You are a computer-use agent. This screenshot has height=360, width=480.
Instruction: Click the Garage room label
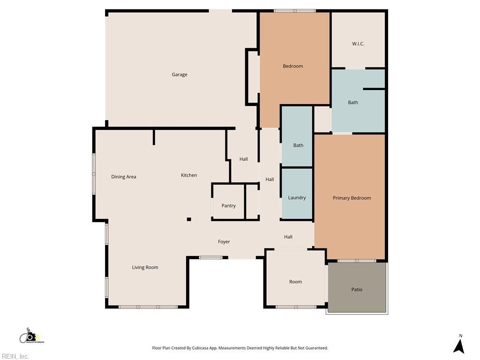click(180, 75)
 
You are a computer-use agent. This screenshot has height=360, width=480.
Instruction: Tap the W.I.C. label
click(358, 44)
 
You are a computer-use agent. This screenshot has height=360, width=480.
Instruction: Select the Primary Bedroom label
click(352, 198)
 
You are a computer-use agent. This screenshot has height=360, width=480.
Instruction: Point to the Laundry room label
click(297, 198)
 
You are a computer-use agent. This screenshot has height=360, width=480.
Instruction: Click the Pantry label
click(229, 206)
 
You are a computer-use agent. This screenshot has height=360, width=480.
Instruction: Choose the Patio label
click(357, 289)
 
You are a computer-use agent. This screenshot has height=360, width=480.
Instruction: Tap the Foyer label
click(224, 242)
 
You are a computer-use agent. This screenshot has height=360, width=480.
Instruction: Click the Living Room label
click(145, 268)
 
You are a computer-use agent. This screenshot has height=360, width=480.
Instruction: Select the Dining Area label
click(124, 177)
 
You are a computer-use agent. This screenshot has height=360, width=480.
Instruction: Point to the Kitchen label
click(189, 175)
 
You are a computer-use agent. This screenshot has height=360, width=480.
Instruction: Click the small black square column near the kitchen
click(189, 219)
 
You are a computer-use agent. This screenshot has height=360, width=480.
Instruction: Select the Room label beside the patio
click(295, 282)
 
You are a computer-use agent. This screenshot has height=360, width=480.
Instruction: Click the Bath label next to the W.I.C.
click(353, 103)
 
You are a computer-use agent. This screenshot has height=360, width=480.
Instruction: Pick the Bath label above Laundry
click(298, 145)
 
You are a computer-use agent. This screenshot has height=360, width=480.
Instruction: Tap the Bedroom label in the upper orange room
click(293, 66)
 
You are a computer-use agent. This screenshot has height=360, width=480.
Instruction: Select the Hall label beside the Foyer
click(288, 237)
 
